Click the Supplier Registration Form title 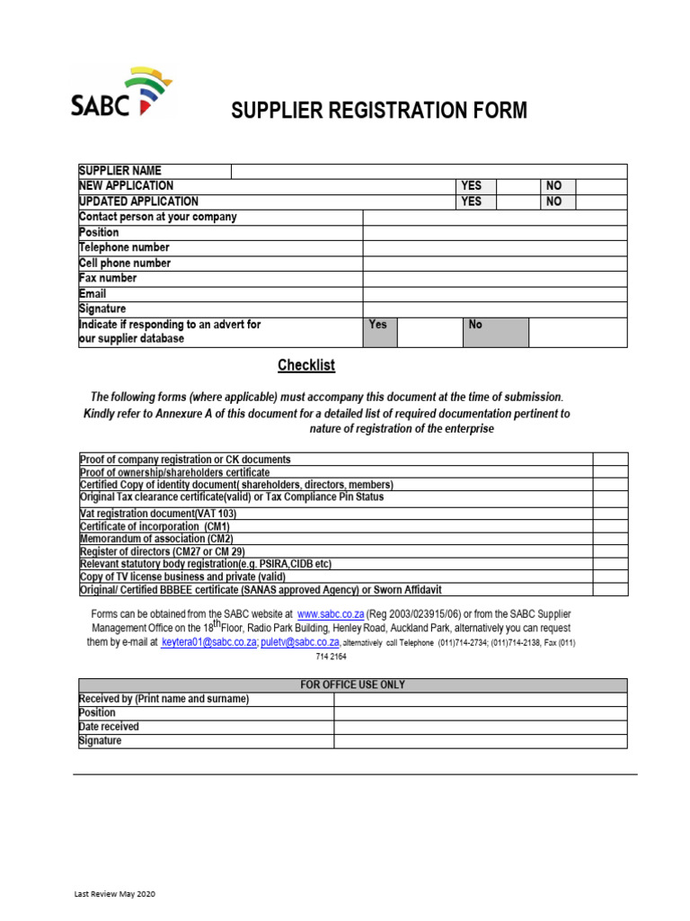coord(379,112)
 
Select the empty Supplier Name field coord(429,171)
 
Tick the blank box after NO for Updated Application coord(600,201)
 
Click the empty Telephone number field coord(494,247)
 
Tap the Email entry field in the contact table coord(494,294)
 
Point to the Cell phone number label coord(125,264)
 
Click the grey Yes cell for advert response coord(380,331)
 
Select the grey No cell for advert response coord(495,331)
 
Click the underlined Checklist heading coord(306,365)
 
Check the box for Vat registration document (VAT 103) coord(610,514)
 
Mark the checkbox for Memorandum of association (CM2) coord(610,539)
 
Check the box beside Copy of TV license coord(610,577)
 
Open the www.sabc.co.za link coord(331,613)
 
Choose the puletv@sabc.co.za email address coord(300,642)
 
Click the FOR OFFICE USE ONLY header coord(352,685)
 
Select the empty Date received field coord(480,727)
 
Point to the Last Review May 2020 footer coord(115,894)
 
